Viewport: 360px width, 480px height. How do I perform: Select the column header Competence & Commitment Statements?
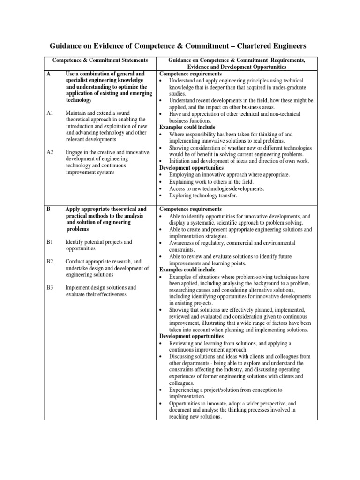[x=100, y=60]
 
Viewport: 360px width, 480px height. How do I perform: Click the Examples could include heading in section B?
[x=187, y=270]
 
